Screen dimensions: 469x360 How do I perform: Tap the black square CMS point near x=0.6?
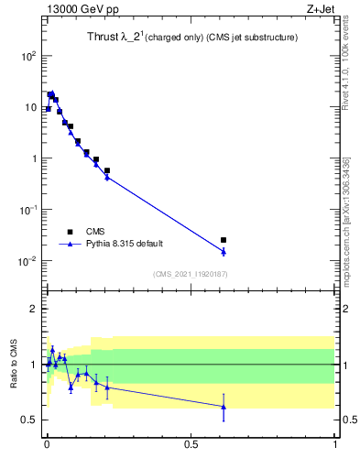[x=224, y=240]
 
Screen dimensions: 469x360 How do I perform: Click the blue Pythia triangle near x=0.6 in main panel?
[x=224, y=251]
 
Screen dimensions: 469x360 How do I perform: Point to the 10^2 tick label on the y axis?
[x=27, y=56]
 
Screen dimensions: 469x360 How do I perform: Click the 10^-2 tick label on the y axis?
[x=27, y=261]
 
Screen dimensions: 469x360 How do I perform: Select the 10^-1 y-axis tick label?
[x=27, y=210]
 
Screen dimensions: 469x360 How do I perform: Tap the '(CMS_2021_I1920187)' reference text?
[x=190, y=274]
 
